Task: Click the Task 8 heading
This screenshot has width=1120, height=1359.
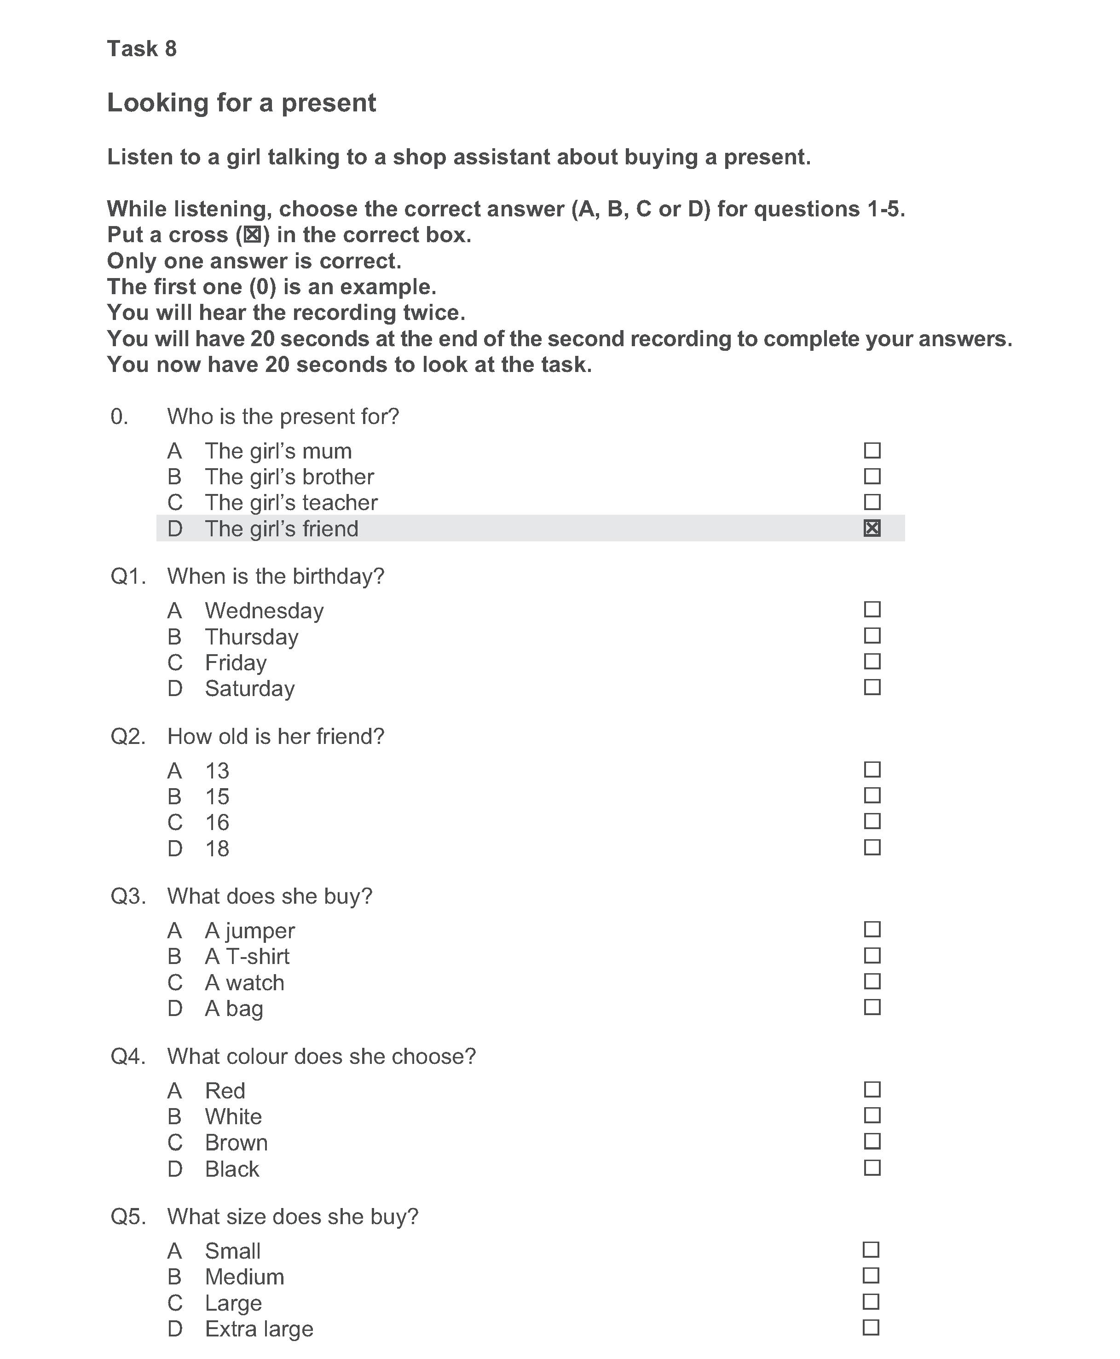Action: click(141, 48)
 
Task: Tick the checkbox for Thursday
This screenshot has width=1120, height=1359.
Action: click(872, 636)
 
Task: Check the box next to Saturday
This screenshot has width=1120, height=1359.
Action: click(872, 687)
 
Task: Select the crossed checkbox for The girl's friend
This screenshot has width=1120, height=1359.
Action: click(872, 528)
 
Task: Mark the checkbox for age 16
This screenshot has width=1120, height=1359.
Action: click(872, 821)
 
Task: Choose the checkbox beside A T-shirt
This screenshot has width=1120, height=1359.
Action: click(872, 955)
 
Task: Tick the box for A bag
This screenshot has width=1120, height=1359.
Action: click(872, 1007)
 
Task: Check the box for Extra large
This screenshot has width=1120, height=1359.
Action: click(870, 1327)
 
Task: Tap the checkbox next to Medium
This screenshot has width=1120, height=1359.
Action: click(870, 1275)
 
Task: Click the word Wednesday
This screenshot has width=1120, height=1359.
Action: click(264, 610)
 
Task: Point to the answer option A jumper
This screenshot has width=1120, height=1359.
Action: click(250, 930)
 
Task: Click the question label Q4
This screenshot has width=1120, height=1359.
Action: click(128, 1057)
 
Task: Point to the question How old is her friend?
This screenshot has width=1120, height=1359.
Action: click(276, 736)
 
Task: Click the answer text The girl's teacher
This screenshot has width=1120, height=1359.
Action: click(291, 503)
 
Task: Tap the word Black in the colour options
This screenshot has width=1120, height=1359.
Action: click(231, 1168)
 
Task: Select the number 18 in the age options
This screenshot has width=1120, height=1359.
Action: click(217, 848)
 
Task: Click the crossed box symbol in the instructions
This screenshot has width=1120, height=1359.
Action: click(252, 235)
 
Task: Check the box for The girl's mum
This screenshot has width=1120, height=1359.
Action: click(872, 450)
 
